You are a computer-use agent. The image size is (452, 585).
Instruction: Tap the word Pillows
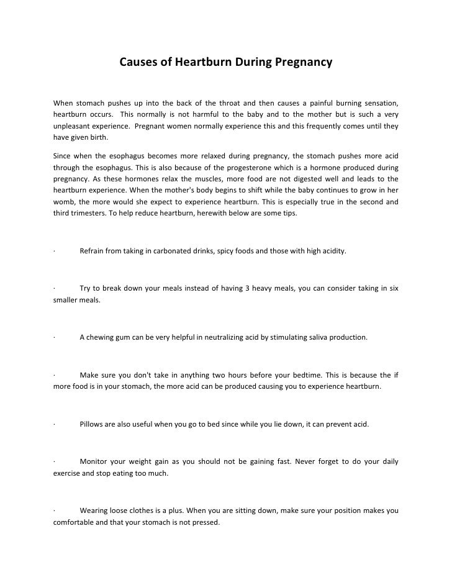click(93, 425)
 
